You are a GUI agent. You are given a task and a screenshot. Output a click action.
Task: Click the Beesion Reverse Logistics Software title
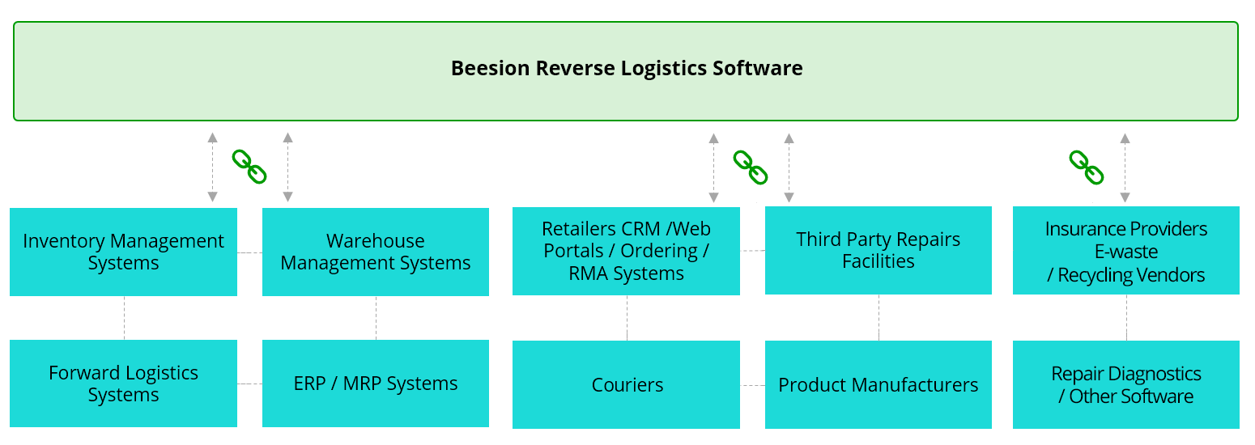point(627,68)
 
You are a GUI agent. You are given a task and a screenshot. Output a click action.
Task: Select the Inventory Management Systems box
point(123,252)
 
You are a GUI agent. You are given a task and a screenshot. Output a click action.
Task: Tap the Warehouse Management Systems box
point(376,252)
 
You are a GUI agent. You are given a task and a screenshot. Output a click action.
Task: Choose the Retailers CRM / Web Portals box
point(626,251)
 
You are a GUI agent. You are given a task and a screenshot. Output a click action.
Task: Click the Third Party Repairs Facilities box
point(878,250)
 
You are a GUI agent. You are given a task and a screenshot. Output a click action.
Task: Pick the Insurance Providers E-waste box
point(1126,250)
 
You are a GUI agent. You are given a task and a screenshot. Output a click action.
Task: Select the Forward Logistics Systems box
point(123,384)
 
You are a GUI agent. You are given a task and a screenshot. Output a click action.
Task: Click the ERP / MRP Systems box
point(376,384)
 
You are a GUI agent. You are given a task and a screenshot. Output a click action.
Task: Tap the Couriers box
point(626,384)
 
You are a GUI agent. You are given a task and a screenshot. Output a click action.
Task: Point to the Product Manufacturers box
point(878,384)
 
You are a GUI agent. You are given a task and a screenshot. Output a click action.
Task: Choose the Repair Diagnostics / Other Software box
point(1126,384)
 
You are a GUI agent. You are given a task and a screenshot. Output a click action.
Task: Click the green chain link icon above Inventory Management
point(249,166)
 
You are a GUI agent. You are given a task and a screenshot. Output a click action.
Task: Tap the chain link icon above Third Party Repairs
point(751,167)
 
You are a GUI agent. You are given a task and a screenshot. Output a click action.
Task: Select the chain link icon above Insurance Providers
point(1087,167)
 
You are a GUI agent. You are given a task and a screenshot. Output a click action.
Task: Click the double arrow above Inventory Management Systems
point(212,167)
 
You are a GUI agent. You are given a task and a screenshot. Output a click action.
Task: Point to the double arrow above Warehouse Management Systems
point(287,167)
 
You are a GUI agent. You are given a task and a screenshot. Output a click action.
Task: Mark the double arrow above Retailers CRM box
point(713,167)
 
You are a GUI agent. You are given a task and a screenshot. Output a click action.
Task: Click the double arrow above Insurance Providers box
point(1125,167)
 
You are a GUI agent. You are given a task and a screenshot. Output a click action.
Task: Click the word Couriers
point(627,385)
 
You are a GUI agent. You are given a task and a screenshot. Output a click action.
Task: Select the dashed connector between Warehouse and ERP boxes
point(376,318)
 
